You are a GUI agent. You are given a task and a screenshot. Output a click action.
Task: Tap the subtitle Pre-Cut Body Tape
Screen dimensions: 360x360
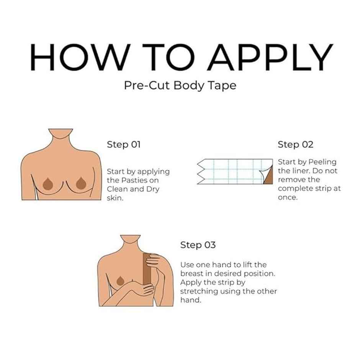click(x=180, y=85)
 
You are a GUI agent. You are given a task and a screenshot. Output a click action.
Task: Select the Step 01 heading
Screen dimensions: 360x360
click(x=124, y=145)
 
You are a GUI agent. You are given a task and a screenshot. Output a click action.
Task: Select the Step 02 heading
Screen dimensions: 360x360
click(x=295, y=145)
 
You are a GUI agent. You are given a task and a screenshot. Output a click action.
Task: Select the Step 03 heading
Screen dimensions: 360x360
click(x=198, y=245)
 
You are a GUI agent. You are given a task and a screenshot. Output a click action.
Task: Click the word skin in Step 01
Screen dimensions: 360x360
click(x=115, y=198)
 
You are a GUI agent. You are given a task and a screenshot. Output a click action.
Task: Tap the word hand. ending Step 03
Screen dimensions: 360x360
click(x=190, y=300)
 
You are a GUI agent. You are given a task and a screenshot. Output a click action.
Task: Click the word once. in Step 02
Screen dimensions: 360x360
click(x=288, y=198)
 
